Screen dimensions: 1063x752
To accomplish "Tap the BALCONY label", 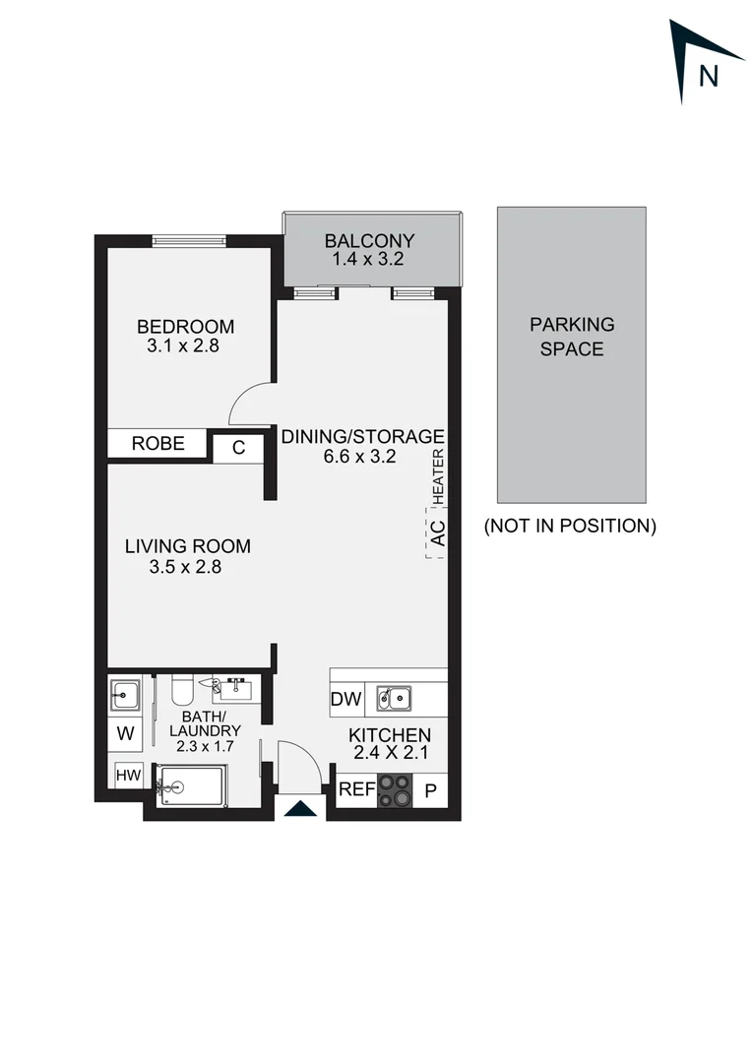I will click(x=369, y=241).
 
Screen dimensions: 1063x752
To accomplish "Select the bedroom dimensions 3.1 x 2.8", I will click(x=185, y=346).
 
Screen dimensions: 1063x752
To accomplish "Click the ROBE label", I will click(x=158, y=444).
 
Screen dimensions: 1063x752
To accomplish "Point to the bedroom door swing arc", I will click(x=248, y=402).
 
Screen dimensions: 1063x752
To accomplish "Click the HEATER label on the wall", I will click(x=439, y=473).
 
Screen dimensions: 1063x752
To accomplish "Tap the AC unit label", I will click(x=439, y=532).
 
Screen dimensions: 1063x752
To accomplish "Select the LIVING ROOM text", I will click(x=187, y=546).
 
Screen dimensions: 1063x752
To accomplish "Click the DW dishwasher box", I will click(x=347, y=701).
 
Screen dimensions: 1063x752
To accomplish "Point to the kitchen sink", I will click(x=395, y=700).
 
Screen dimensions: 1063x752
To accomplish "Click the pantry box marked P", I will click(x=430, y=790).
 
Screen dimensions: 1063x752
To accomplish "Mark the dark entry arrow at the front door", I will click(x=300, y=809).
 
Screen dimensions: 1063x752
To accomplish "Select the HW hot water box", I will click(x=128, y=776).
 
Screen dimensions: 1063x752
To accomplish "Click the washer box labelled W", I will click(x=125, y=732).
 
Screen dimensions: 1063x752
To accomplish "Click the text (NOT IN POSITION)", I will click(x=570, y=526).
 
